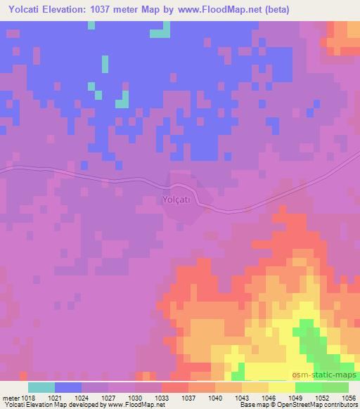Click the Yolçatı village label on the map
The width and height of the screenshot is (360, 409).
[174, 200]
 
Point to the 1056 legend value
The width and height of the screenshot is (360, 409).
[348, 397]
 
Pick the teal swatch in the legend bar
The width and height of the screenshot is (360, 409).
[41, 387]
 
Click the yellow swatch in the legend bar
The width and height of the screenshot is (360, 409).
[282, 387]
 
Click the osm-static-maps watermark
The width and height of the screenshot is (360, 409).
[330, 377]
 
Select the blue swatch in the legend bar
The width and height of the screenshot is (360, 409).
[68, 387]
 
